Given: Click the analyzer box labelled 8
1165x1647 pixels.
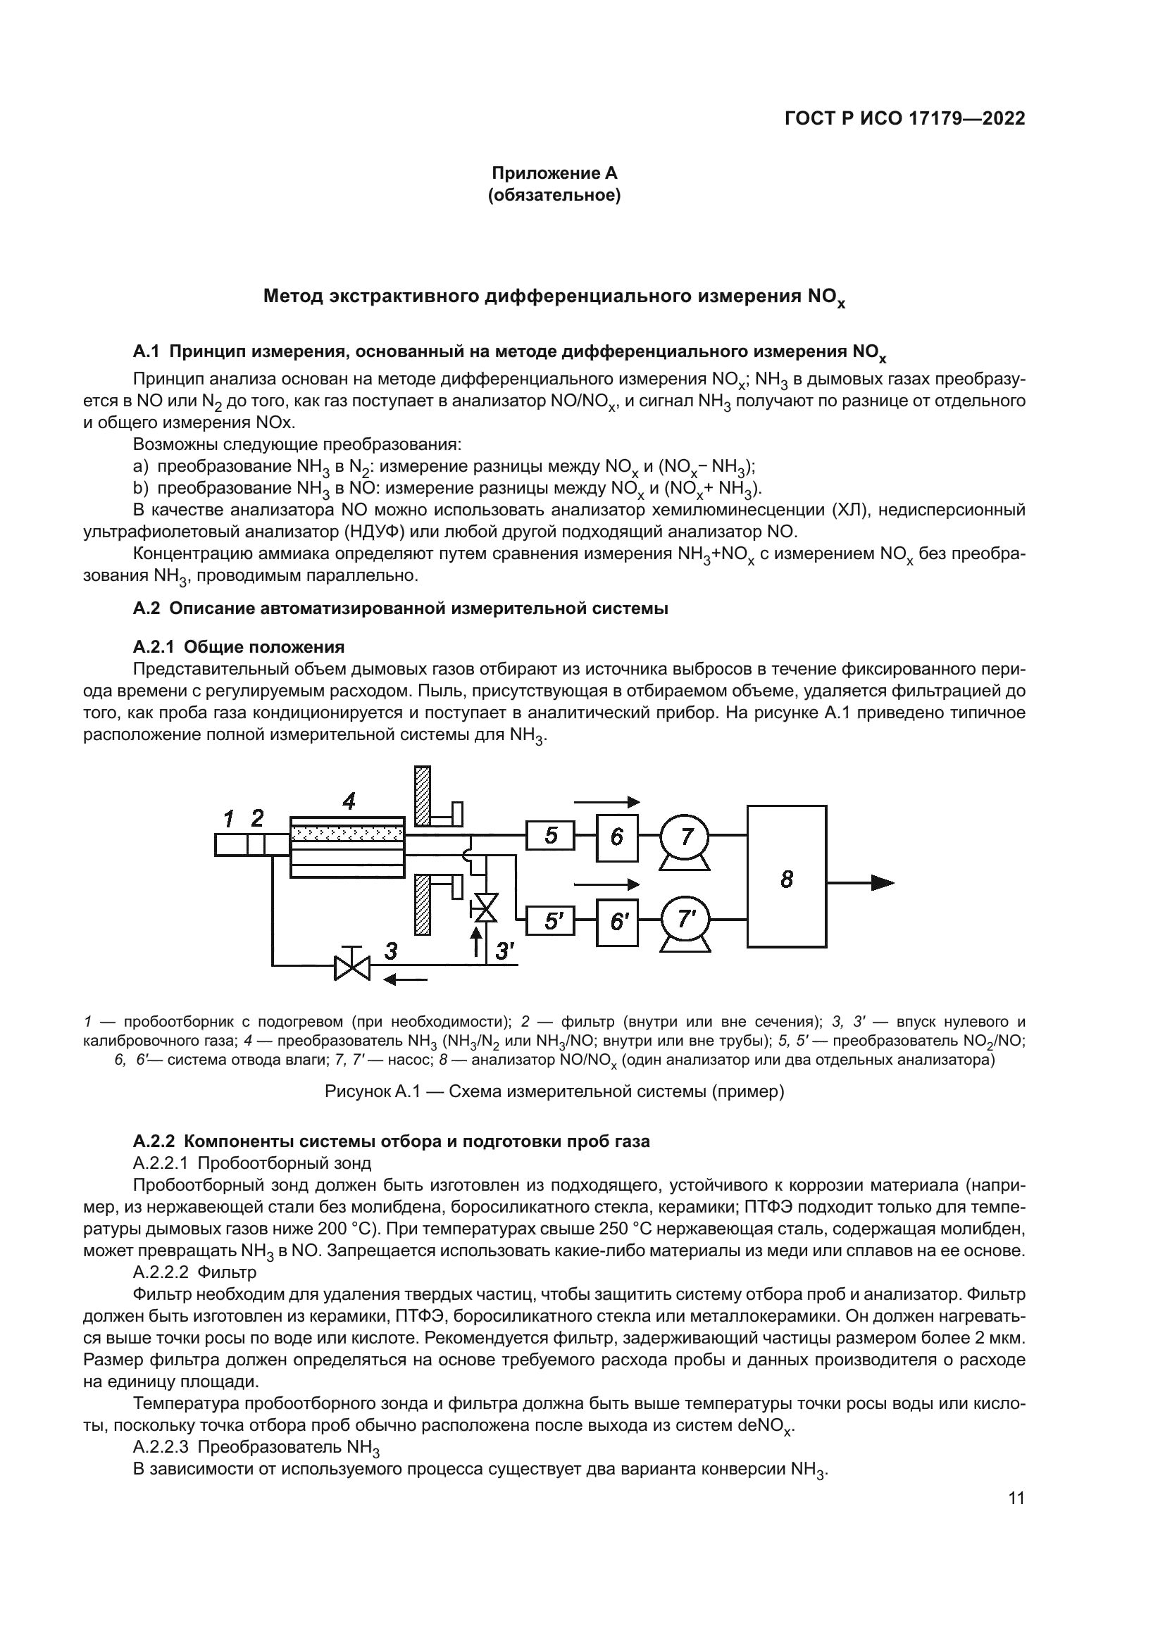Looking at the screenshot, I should point(786,876).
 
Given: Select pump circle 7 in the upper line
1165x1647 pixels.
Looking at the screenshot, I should point(685,836).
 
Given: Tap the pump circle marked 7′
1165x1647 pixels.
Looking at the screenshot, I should point(685,920).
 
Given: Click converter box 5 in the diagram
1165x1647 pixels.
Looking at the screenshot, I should point(550,835).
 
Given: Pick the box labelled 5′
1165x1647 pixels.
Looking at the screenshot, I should point(550,920).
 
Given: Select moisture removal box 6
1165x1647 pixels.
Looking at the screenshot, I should point(617,837).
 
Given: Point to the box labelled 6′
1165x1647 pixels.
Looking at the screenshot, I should point(617,921).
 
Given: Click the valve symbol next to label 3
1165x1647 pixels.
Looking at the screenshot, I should point(351,965).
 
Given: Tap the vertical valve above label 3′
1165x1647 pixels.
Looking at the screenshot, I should point(486,907).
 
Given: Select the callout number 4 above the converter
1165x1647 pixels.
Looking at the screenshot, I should point(349,801).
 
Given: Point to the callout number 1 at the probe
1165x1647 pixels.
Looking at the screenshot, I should point(229,818).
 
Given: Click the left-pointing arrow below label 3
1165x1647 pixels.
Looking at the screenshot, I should point(406,979).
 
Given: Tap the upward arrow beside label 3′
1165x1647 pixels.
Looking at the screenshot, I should point(474,941).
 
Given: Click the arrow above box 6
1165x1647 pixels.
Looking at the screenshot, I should point(607,802).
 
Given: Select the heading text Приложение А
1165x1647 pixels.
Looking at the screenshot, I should point(554,173).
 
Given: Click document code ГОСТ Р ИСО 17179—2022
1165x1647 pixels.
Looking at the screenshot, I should point(904,118).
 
